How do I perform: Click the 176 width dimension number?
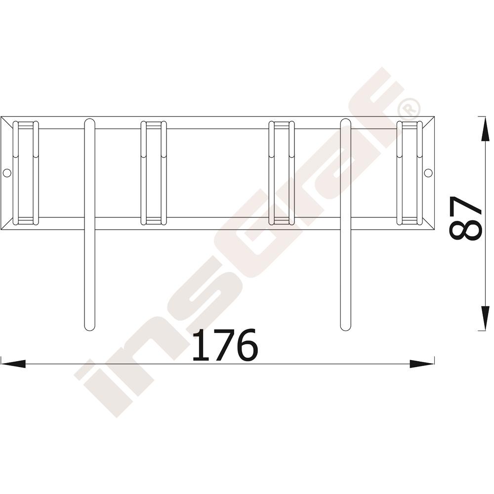point(225,345)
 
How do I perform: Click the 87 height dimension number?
point(466,218)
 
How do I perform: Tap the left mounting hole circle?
point(6,172)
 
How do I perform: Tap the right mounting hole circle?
point(428,172)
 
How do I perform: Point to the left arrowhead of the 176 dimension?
point(13,364)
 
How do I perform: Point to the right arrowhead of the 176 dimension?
point(422,364)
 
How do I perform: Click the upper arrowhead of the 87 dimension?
point(484,128)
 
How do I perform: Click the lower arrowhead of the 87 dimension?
point(484,318)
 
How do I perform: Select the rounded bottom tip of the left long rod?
point(90,328)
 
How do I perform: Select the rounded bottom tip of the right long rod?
point(346,328)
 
